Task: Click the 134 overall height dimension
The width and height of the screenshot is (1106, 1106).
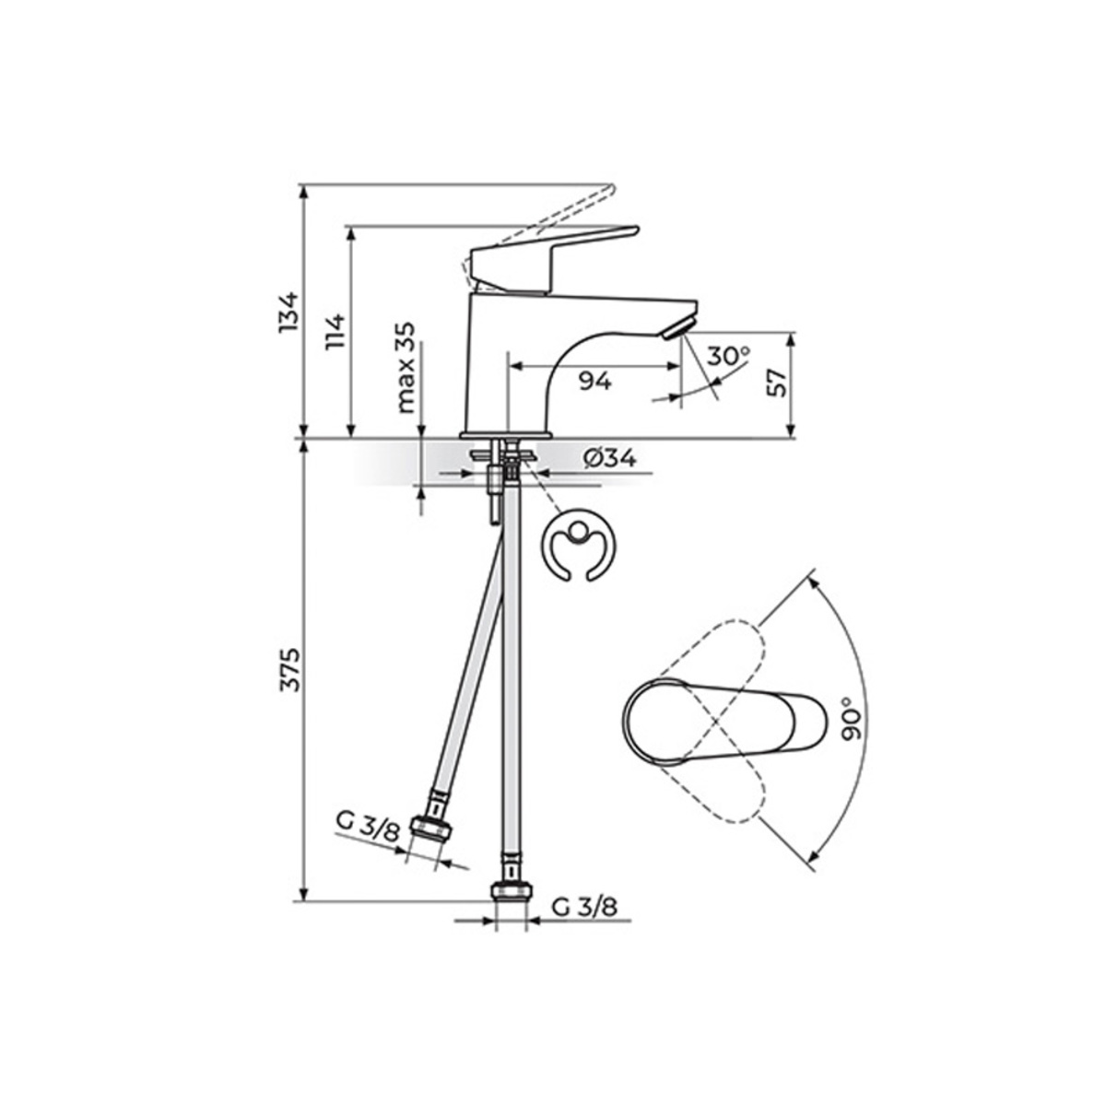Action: click(x=288, y=312)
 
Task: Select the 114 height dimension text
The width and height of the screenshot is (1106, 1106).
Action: click(x=335, y=333)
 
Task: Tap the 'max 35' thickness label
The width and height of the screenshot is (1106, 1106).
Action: click(x=406, y=368)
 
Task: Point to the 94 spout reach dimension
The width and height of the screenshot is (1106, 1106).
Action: click(x=594, y=381)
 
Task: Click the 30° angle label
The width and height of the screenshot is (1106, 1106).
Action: click(x=728, y=356)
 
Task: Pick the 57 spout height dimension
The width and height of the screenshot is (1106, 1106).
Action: click(x=777, y=382)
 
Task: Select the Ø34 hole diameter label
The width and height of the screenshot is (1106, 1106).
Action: click(x=609, y=458)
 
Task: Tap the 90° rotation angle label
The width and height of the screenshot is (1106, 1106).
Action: click(x=854, y=718)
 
